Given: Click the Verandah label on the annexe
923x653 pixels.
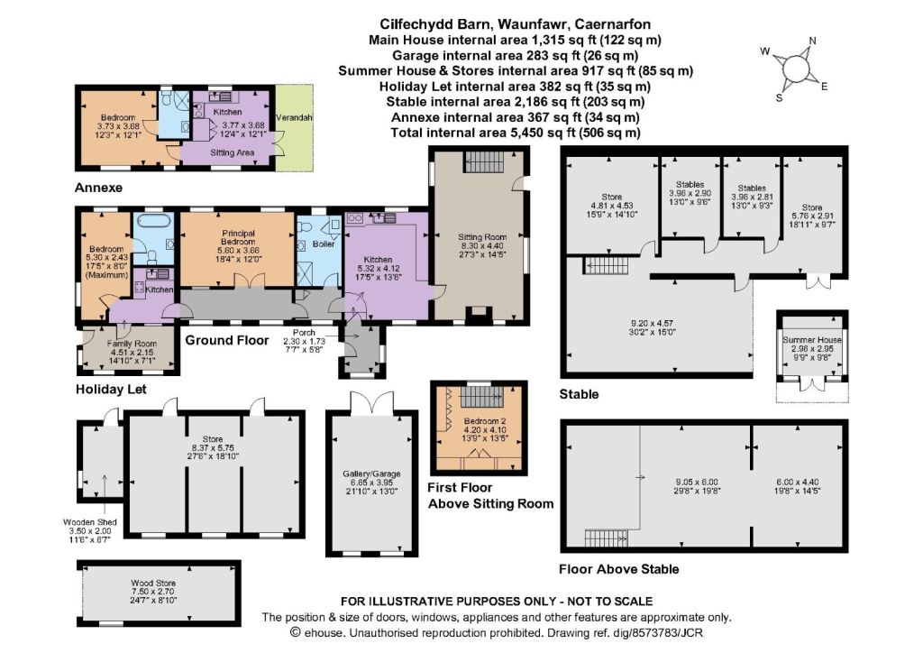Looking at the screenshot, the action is point(294,118).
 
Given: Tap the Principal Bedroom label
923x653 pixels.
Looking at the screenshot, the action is point(238,237).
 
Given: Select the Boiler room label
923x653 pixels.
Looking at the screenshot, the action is point(324,244).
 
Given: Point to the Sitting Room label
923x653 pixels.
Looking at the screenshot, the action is point(482,236).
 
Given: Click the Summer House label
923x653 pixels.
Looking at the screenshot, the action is point(812,340).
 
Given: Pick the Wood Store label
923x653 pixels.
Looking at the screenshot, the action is point(153,583).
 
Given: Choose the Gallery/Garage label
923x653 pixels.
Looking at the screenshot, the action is point(371,474).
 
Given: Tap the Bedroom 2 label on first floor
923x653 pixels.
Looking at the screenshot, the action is point(485,421).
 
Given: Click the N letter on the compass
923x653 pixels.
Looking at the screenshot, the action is point(812,41).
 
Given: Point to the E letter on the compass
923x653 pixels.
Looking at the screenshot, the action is point(824,87).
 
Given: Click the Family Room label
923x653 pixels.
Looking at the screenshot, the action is point(132,344).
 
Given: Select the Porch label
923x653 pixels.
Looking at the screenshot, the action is point(304,333).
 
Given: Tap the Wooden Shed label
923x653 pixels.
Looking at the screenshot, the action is point(90,521).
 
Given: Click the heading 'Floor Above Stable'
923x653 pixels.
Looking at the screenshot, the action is point(618,569).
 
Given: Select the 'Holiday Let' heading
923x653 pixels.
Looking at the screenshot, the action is point(111,390).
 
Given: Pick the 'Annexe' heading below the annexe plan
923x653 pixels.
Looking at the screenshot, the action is point(98,188).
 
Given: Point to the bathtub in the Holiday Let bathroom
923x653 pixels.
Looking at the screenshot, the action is point(153,220).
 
